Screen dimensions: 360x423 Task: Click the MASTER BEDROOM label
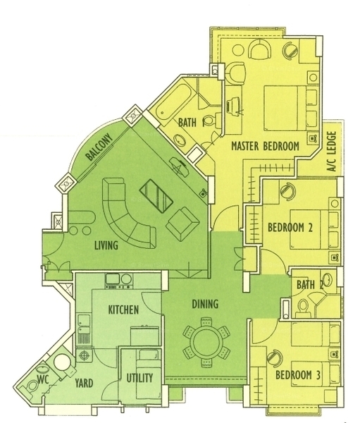[266, 146]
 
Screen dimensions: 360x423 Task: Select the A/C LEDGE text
[333, 152]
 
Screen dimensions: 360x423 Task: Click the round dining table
[207, 342]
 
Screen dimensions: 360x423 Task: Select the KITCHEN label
[123, 310]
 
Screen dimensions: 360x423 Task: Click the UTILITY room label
[139, 378]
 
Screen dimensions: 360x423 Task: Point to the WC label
[43, 379]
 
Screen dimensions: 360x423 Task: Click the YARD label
[84, 383]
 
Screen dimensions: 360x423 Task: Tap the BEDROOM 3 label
[298, 375]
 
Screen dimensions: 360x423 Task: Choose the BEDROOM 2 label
[290, 228]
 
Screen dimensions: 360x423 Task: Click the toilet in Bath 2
[304, 308]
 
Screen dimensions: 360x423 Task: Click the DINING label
[205, 304]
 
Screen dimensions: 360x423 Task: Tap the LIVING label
[106, 245]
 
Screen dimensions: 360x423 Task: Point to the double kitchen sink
[83, 327]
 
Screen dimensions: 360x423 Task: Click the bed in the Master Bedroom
[285, 108]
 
